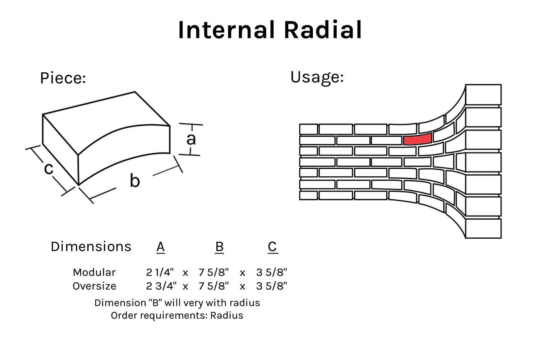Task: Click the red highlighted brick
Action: click(x=417, y=139)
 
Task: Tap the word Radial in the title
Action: click(x=323, y=30)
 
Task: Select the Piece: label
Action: click(x=63, y=78)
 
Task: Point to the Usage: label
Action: click(x=317, y=77)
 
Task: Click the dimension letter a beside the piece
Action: click(x=191, y=139)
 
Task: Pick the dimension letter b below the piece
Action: click(x=134, y=180)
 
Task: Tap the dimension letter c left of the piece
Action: click(x=49, y=168)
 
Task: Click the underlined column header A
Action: click(x=161, y=247)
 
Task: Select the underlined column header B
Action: click(x=219, y=247)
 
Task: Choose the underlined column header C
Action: click(x=272, y=247)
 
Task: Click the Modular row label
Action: click(x=94, y=272)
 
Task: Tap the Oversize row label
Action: click(x=95, y=286)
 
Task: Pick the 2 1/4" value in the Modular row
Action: click(x=160, y=272)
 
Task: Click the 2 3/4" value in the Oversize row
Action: click(x=161, y=286)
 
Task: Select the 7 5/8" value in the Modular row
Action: click(x=213, y=272)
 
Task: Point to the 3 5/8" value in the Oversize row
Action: click(x=272, y=286)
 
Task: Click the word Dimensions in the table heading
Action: click(x=91, y=247)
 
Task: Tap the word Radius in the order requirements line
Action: click(x=227, y=315)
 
